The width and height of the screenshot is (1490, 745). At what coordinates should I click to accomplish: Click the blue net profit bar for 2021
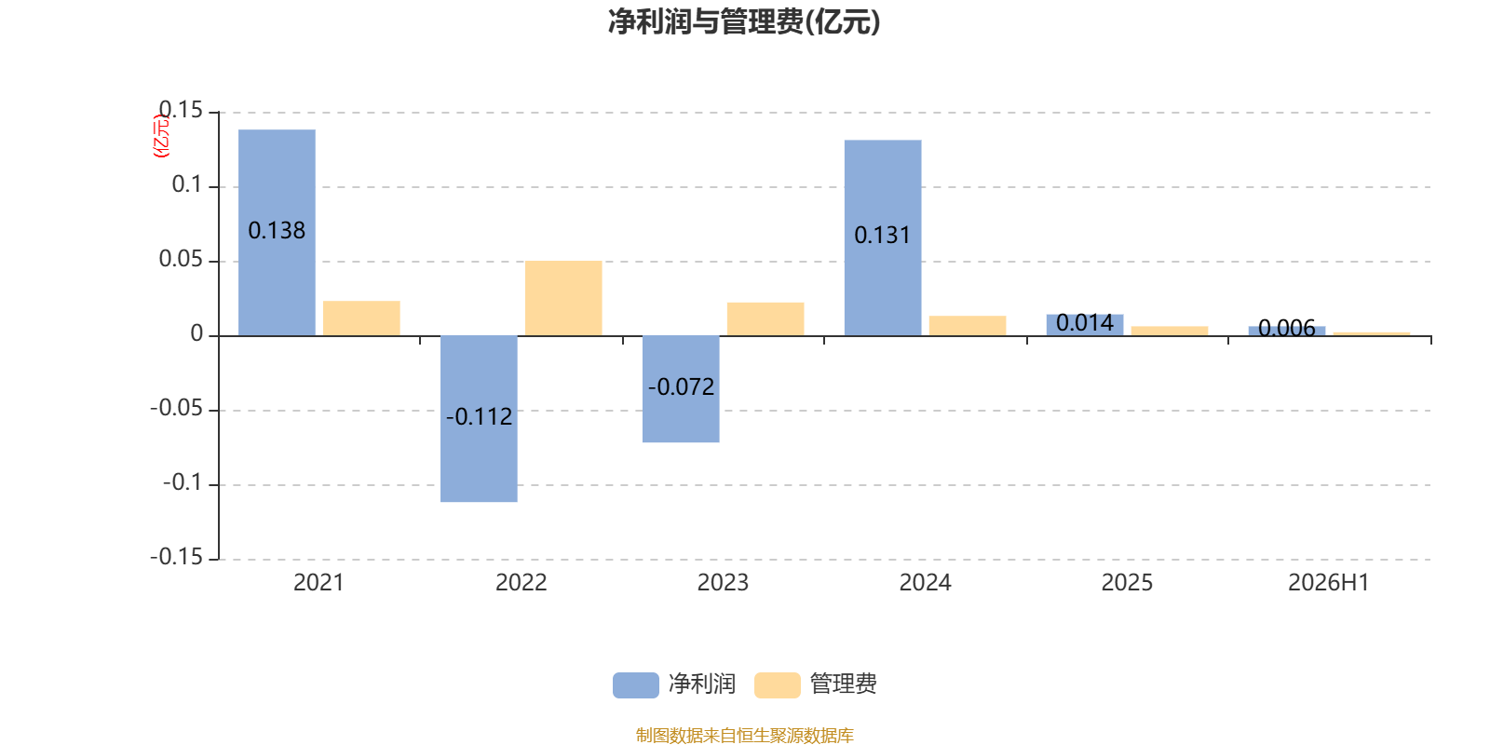click(x=277, y=233)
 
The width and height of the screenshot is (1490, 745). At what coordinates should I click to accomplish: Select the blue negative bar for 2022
click(x=479, y=419)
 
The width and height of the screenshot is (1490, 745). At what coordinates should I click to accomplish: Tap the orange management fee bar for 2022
click(x=563, y=299)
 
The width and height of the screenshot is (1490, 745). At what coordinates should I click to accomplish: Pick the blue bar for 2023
click(x=681, y=389)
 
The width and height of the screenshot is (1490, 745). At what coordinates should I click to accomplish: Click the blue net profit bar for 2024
click(x=883, y=238)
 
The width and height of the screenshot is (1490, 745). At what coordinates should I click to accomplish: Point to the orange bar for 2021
click(x=361, y=318)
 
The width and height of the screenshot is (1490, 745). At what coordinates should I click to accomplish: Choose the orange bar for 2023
click(x=765, y=319)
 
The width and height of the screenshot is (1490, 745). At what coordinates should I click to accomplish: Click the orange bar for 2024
click(x=968, y=326)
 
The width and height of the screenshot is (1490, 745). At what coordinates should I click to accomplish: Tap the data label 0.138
click(x=277, y=231)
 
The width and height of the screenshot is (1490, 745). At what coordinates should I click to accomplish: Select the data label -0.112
click(x=479, y=417)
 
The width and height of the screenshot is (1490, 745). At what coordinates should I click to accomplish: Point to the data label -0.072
click(x=681, y=387)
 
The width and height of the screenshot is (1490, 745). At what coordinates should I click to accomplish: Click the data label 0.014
click(x=1085, y=323)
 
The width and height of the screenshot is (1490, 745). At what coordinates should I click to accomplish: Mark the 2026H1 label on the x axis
click(x=1328, y=583)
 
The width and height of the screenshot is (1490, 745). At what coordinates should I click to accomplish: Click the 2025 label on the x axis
click(x=1127, y=583)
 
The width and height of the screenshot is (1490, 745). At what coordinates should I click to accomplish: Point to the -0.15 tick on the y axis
click(x=176, y=557)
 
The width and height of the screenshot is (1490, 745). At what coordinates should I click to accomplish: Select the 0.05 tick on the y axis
click(x=181, y=259)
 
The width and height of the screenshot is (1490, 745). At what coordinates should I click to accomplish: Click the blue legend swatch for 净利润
click(x=636, y=685)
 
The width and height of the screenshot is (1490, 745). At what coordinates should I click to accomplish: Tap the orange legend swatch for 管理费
click(x=777, y=685)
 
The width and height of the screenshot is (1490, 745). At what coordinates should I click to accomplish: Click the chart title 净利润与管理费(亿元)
click(x=744, y=22)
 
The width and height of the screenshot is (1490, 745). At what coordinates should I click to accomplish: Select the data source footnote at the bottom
click(x=744, y=735)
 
